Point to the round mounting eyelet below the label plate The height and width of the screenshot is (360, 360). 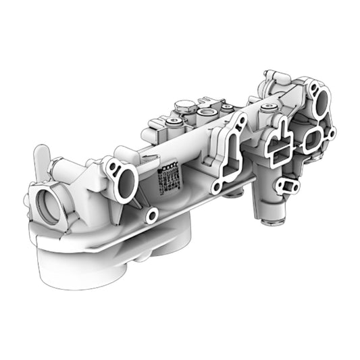click(153, 215)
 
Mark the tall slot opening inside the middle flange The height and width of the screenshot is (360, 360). click(230, 159)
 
